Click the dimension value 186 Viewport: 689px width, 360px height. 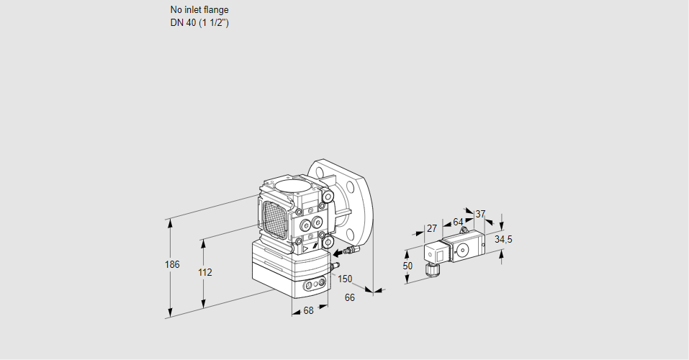coord(171,265)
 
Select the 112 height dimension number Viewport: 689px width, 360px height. coord(204,273)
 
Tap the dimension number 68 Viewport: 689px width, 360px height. coord(308,311)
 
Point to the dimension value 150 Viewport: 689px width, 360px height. coord(345,279)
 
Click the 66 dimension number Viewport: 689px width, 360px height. coord(350,297)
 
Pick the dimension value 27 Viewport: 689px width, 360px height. coord(432,228)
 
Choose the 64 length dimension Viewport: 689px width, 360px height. coord(458,222)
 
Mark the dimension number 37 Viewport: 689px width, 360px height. coord(481,214)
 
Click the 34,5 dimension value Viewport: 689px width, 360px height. coord(503,239)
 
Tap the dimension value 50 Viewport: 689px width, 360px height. coord(407,266)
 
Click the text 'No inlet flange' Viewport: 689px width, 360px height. coord(199,10)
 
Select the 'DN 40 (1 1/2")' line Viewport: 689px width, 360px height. coord(199,22)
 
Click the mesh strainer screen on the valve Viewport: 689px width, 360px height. coord(274,217)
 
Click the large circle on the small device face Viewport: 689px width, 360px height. coord(461,251)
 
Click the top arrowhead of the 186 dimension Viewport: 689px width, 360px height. coord(171,220)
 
